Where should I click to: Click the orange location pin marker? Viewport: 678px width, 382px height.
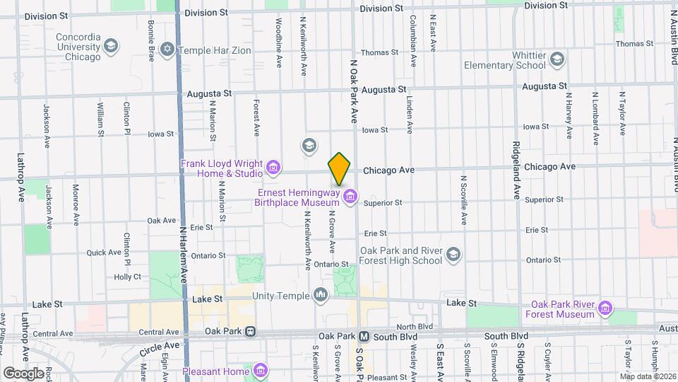[x=339, y=168]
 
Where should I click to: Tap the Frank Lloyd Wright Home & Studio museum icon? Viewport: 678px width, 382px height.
[x=273, y=169]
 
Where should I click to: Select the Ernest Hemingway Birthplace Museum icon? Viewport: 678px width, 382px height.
[x=350, y=196]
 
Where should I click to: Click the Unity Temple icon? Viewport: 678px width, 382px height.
[x=321, y=294]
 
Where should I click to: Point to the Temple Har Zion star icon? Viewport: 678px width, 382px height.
[x=167, y=50]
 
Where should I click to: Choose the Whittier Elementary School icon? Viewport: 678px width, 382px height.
[x=557, y=59]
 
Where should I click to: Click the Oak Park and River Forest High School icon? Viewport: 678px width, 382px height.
[x=453, y=254]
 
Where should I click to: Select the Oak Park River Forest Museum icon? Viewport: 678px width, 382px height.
[x=605, y=308]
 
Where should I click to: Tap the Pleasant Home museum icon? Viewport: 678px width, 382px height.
[x=261, y=370]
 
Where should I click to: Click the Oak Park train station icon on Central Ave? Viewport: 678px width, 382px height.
[x=249, y=331]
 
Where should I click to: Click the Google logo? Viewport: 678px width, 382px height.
[x=23, y=373]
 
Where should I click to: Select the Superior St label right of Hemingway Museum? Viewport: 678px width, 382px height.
[x=383, y=202]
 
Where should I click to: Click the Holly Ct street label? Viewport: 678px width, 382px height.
[x=128, y=277]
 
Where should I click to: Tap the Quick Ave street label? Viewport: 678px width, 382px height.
[x=104, y=253]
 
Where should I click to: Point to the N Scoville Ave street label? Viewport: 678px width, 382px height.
[x=464, y=200]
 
